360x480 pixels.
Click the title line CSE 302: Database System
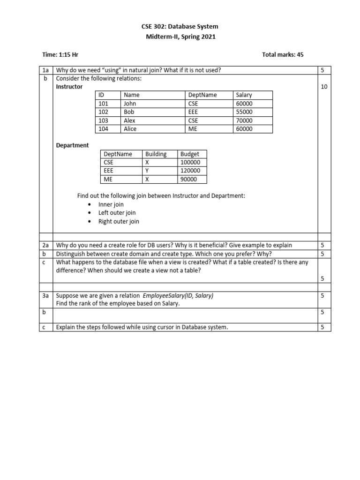[x=180, y=27]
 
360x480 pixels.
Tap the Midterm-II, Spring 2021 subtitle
[x=180, y=37]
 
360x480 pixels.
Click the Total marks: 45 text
[x=283, y=55]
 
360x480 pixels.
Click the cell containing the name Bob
[x=129, y=112]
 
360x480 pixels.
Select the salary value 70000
[x=244, y=120]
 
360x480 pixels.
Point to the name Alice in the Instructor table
[x=130, y=129]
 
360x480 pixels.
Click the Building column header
[x=156, y=154]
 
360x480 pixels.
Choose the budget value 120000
[x=190, y=171]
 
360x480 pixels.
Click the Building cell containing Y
[x=147, y=171]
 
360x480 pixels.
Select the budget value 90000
[x=188, y=179]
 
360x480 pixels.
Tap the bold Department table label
[x=72, y=145]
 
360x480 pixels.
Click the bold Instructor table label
[x=69, y=87]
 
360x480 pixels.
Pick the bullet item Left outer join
[x=117, y=213]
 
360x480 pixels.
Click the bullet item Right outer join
[x=119, y=221]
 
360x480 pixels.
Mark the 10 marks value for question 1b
[x=324, y=87]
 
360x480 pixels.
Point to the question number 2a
[x=46, y=245]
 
